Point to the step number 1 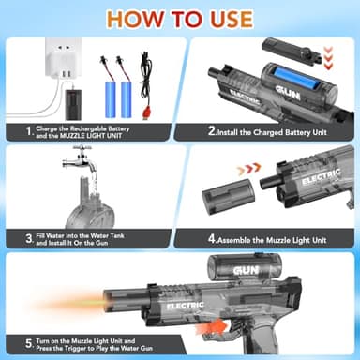click(x=29, y=132)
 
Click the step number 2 click(x=213, y=131)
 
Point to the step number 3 click(x=29, y=239)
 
